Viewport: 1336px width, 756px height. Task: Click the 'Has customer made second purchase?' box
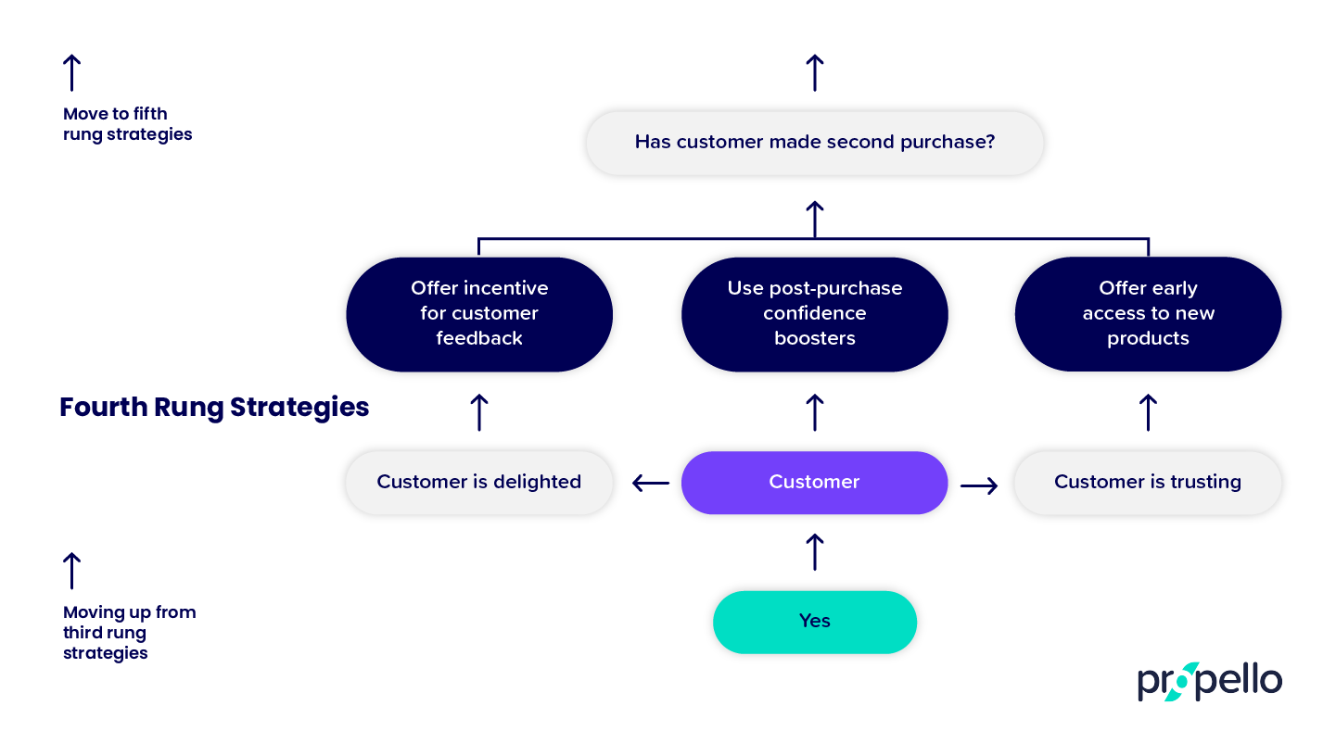[x=814, y=143]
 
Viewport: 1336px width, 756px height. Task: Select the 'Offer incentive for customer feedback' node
[x=479, y=314]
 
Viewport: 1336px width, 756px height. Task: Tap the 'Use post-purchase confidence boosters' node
[x=814, y=314]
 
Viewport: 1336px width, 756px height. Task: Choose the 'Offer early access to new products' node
[x=1148, y=314]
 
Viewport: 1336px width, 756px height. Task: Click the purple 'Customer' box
[x=814, y=483]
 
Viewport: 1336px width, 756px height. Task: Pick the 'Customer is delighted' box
[x=479, y=483]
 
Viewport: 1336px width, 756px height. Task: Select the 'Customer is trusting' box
[x=1148, y=483]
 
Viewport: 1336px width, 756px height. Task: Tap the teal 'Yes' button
[x=814, y=622]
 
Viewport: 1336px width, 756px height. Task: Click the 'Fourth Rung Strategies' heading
[x=214, y=408]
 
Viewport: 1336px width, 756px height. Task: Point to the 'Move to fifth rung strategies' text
[x=127, y=124]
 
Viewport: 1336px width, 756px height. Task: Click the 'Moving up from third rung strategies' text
[x=129, y=633]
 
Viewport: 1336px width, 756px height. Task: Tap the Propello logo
[x=1209, y=683]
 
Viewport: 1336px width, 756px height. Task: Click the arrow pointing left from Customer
[x=651, y=483]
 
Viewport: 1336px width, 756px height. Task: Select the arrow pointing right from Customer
[x=979, y=485]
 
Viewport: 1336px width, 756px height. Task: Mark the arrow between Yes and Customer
[x=814, y=552]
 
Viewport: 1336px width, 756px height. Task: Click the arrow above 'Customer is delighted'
[x=479, y=412]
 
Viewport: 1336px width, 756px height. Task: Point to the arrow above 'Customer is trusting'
[x=1148, y=412]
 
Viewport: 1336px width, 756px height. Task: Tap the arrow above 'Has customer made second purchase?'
[x=814, y=72]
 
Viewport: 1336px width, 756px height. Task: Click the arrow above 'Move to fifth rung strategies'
[x=71, y=72]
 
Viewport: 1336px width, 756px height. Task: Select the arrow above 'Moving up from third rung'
[x=71, y=571]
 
